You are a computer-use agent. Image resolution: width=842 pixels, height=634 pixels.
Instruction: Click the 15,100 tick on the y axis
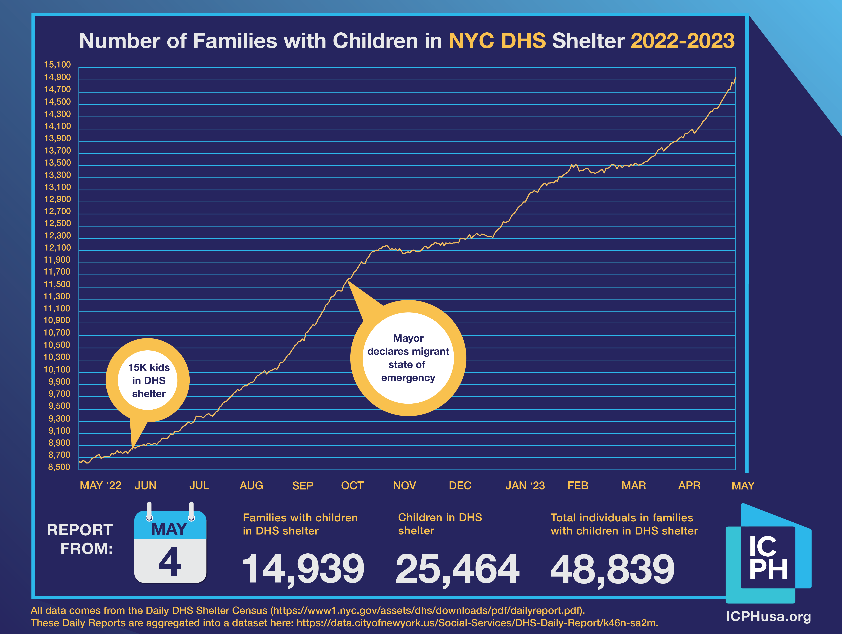(x=57, y=65)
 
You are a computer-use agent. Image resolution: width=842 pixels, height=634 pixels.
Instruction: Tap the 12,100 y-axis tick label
(x=57, y=248)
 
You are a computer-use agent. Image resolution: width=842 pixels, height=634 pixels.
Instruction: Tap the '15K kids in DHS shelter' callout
(x=148, y=380)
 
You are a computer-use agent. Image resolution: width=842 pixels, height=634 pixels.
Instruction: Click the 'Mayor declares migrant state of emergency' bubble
(x=408, y=358)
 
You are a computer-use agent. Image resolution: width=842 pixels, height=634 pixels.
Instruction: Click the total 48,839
(x=612, y=569)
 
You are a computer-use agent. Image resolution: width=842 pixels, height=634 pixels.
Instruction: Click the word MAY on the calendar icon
(x=169, y=529)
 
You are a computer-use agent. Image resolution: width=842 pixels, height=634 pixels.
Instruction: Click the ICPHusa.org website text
(x=768, y=616)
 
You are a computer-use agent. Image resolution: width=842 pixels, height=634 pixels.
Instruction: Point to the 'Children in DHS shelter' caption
(x=440, y=524)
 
